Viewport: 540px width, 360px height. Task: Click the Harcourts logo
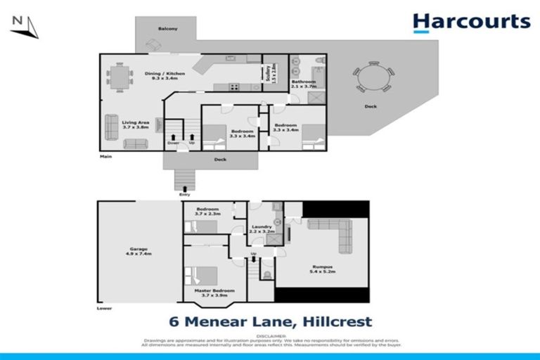coord(471,22)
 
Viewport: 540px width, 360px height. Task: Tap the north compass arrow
coord(24,27)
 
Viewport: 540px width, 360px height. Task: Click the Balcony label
coord(167,28)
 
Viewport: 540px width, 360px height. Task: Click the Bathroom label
coord(304,84)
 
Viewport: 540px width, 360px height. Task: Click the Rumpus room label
coord(322,268)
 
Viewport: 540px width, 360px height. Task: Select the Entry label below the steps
coord(184,194)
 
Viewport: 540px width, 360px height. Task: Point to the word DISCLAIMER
coord(270,337)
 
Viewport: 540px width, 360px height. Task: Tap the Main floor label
coord(106,156)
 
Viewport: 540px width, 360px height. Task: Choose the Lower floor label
coord(105,308)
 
